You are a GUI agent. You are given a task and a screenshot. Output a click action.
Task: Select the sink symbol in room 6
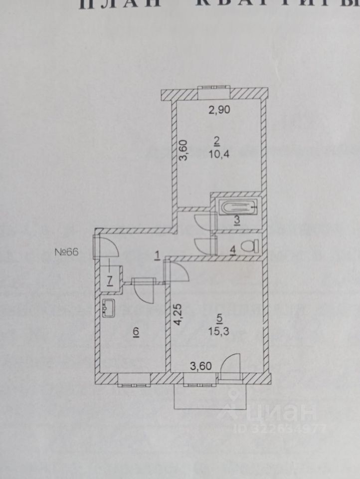(109, 307)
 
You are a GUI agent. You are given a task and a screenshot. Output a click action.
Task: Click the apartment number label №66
(67, 252)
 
